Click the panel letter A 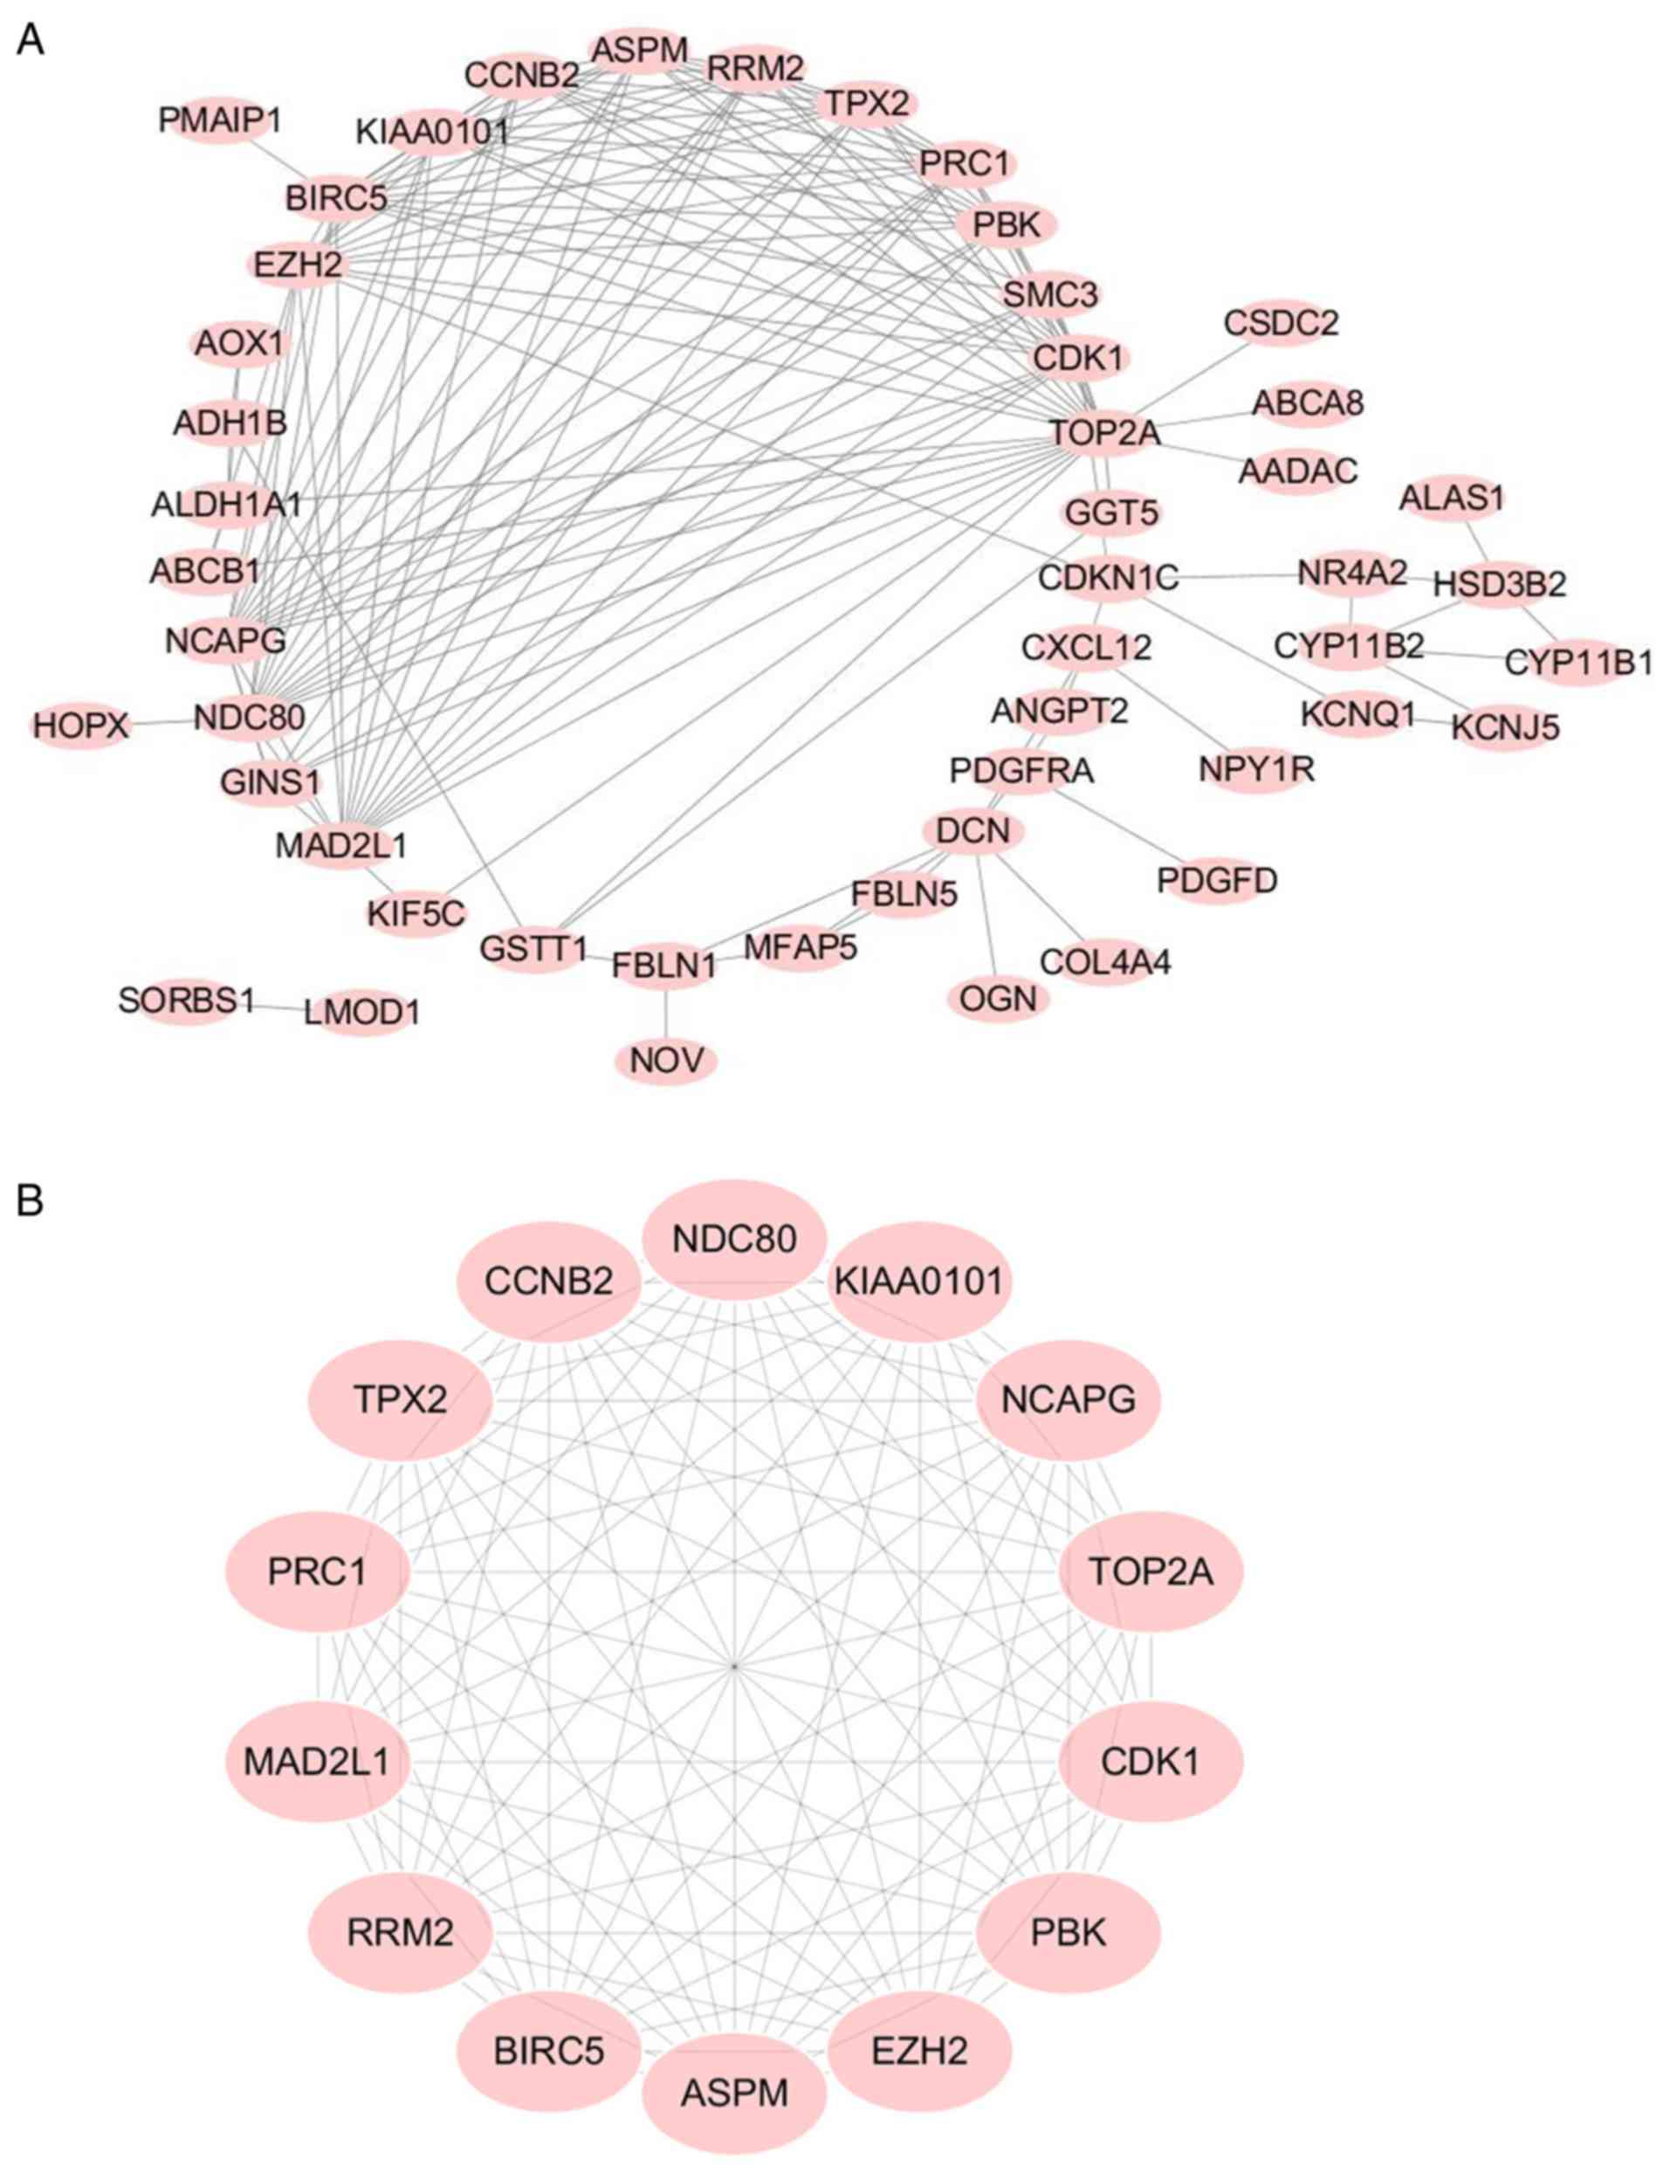[x=30, y=42]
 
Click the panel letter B [x=30, y=1200]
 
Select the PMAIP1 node [x=220, y=121]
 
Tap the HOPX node [x=80, y=725]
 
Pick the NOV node [x=666, y=1061]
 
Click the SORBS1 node [x=186, y=1000]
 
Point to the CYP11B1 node [x=1577, y=663]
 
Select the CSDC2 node [x=1281, y=323]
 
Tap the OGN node [x=998, y=998]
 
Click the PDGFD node [x=1217, y=881]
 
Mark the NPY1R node [x=1256, y=769]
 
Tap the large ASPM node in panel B [x=734, y=2093]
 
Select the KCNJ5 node [x=1505, y=727]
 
